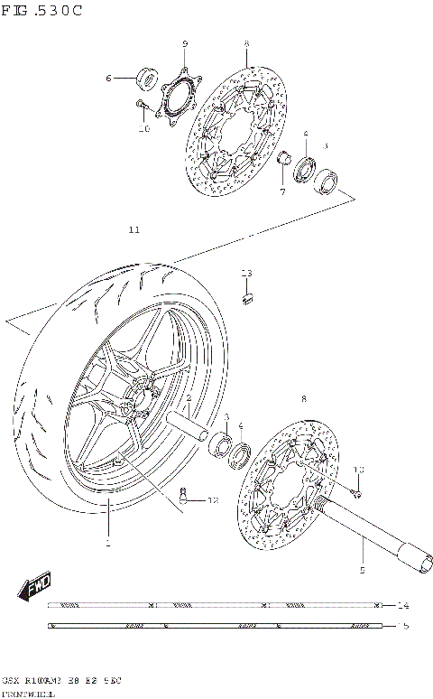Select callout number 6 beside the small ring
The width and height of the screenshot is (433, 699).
click(108, 79)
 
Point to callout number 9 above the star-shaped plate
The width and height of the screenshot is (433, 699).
click(184, 44)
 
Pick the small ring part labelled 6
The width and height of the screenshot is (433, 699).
click(145, 79)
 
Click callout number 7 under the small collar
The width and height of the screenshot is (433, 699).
click(281, 191)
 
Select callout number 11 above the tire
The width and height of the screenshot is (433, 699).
click(134, 230)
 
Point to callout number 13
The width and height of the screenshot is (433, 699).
click(246, 273)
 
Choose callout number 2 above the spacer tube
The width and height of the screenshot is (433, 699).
click(189, 398)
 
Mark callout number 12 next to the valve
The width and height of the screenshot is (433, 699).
click(213, 499)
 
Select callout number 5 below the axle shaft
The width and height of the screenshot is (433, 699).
click(362, 571)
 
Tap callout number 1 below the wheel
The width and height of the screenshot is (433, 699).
click(106, 544)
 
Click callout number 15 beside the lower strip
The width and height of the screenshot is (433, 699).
click(402, 624)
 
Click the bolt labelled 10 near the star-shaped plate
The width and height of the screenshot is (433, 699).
click(142, 107)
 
